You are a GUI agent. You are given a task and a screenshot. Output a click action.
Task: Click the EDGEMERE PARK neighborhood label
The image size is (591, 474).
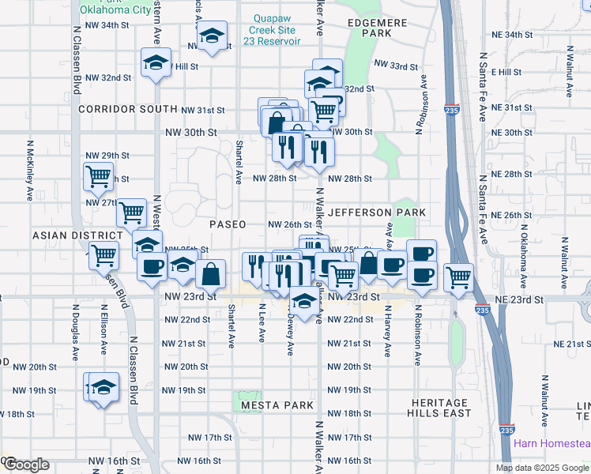tap(376, 28)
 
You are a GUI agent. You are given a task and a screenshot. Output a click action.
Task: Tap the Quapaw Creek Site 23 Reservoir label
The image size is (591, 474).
tap(276, 30)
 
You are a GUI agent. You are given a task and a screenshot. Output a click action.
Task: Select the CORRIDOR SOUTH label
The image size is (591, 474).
tap(127, 109)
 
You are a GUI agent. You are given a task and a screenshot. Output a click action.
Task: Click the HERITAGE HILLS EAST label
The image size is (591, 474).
tap(441, 408)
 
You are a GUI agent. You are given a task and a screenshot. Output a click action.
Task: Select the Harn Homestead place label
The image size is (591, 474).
tap(551, 443)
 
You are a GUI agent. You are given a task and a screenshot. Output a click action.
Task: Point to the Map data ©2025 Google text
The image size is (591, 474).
tap(543, 468)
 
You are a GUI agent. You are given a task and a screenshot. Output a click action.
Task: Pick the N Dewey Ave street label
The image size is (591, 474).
tap(291, 335)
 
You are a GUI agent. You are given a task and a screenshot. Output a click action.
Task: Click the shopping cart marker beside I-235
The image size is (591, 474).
tap(458, 276)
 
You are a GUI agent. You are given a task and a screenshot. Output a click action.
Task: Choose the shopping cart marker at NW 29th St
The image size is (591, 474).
tap(98, 175)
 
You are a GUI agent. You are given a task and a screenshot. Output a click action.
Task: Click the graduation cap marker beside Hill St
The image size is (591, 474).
tap(156, 62)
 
